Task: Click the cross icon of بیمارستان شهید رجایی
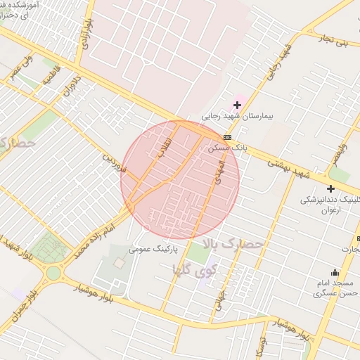coord(238,105)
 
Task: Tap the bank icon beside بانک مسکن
coord(228,138)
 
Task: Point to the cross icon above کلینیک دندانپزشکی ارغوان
coord(330,188)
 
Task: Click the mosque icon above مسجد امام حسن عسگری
coord(334,273)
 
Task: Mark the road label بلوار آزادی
coord(84,31)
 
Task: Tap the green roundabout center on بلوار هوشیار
coord(53,271)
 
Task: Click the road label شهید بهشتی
coord(288,167)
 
